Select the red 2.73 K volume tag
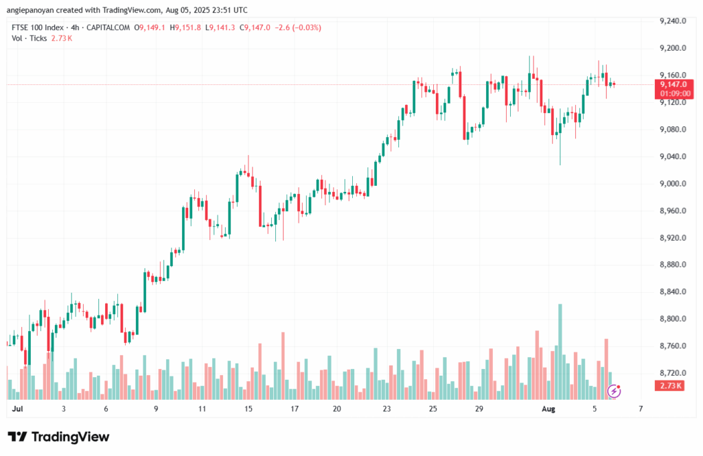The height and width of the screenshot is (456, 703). (x=669, y=386)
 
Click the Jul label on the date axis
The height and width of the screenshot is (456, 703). (x=17, y=409)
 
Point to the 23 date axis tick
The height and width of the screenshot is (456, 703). (x=387, y=409)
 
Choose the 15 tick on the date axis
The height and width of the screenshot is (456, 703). (x=248, y=409)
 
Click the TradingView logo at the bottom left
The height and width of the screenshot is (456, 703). (x=58, y=437)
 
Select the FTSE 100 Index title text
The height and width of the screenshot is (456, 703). (x=38, y=27)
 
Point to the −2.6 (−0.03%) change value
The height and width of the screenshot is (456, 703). (x=298, y=27)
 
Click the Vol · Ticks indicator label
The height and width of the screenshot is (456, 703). (x=30, y=38)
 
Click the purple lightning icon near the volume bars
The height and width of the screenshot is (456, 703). (x=615, y=391)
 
